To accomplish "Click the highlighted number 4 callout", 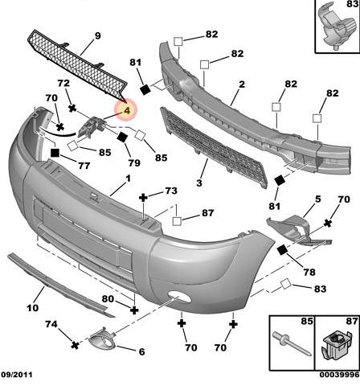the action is tap(126, 109).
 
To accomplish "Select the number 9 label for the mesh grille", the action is tap(98, 35).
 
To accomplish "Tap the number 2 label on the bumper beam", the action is tap(242, 84).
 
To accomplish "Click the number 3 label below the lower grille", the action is tap(199, 183).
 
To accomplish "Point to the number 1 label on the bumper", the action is tap(128, 179).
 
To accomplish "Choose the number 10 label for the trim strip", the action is tap(33, 308).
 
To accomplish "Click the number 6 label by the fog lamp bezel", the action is tap(142, 351).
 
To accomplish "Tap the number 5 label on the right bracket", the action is tap(318, 199).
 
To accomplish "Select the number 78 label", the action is tap(309, 273).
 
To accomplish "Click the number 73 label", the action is tap(171, 191).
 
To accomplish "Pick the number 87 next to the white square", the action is tap(208, 213).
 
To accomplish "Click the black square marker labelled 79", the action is tap(123, 137).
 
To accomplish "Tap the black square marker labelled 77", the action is tap(55, 153).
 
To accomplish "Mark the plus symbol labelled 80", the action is tap(134, 310).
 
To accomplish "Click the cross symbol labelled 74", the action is tap(76, 345).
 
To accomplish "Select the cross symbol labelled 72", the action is tap(72, 109).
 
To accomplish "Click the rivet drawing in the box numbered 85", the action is tap(292, 344).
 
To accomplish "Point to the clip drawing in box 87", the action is tap(336, 346).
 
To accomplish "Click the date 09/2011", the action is tap(17, 375).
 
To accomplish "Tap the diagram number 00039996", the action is tap(339, 375).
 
